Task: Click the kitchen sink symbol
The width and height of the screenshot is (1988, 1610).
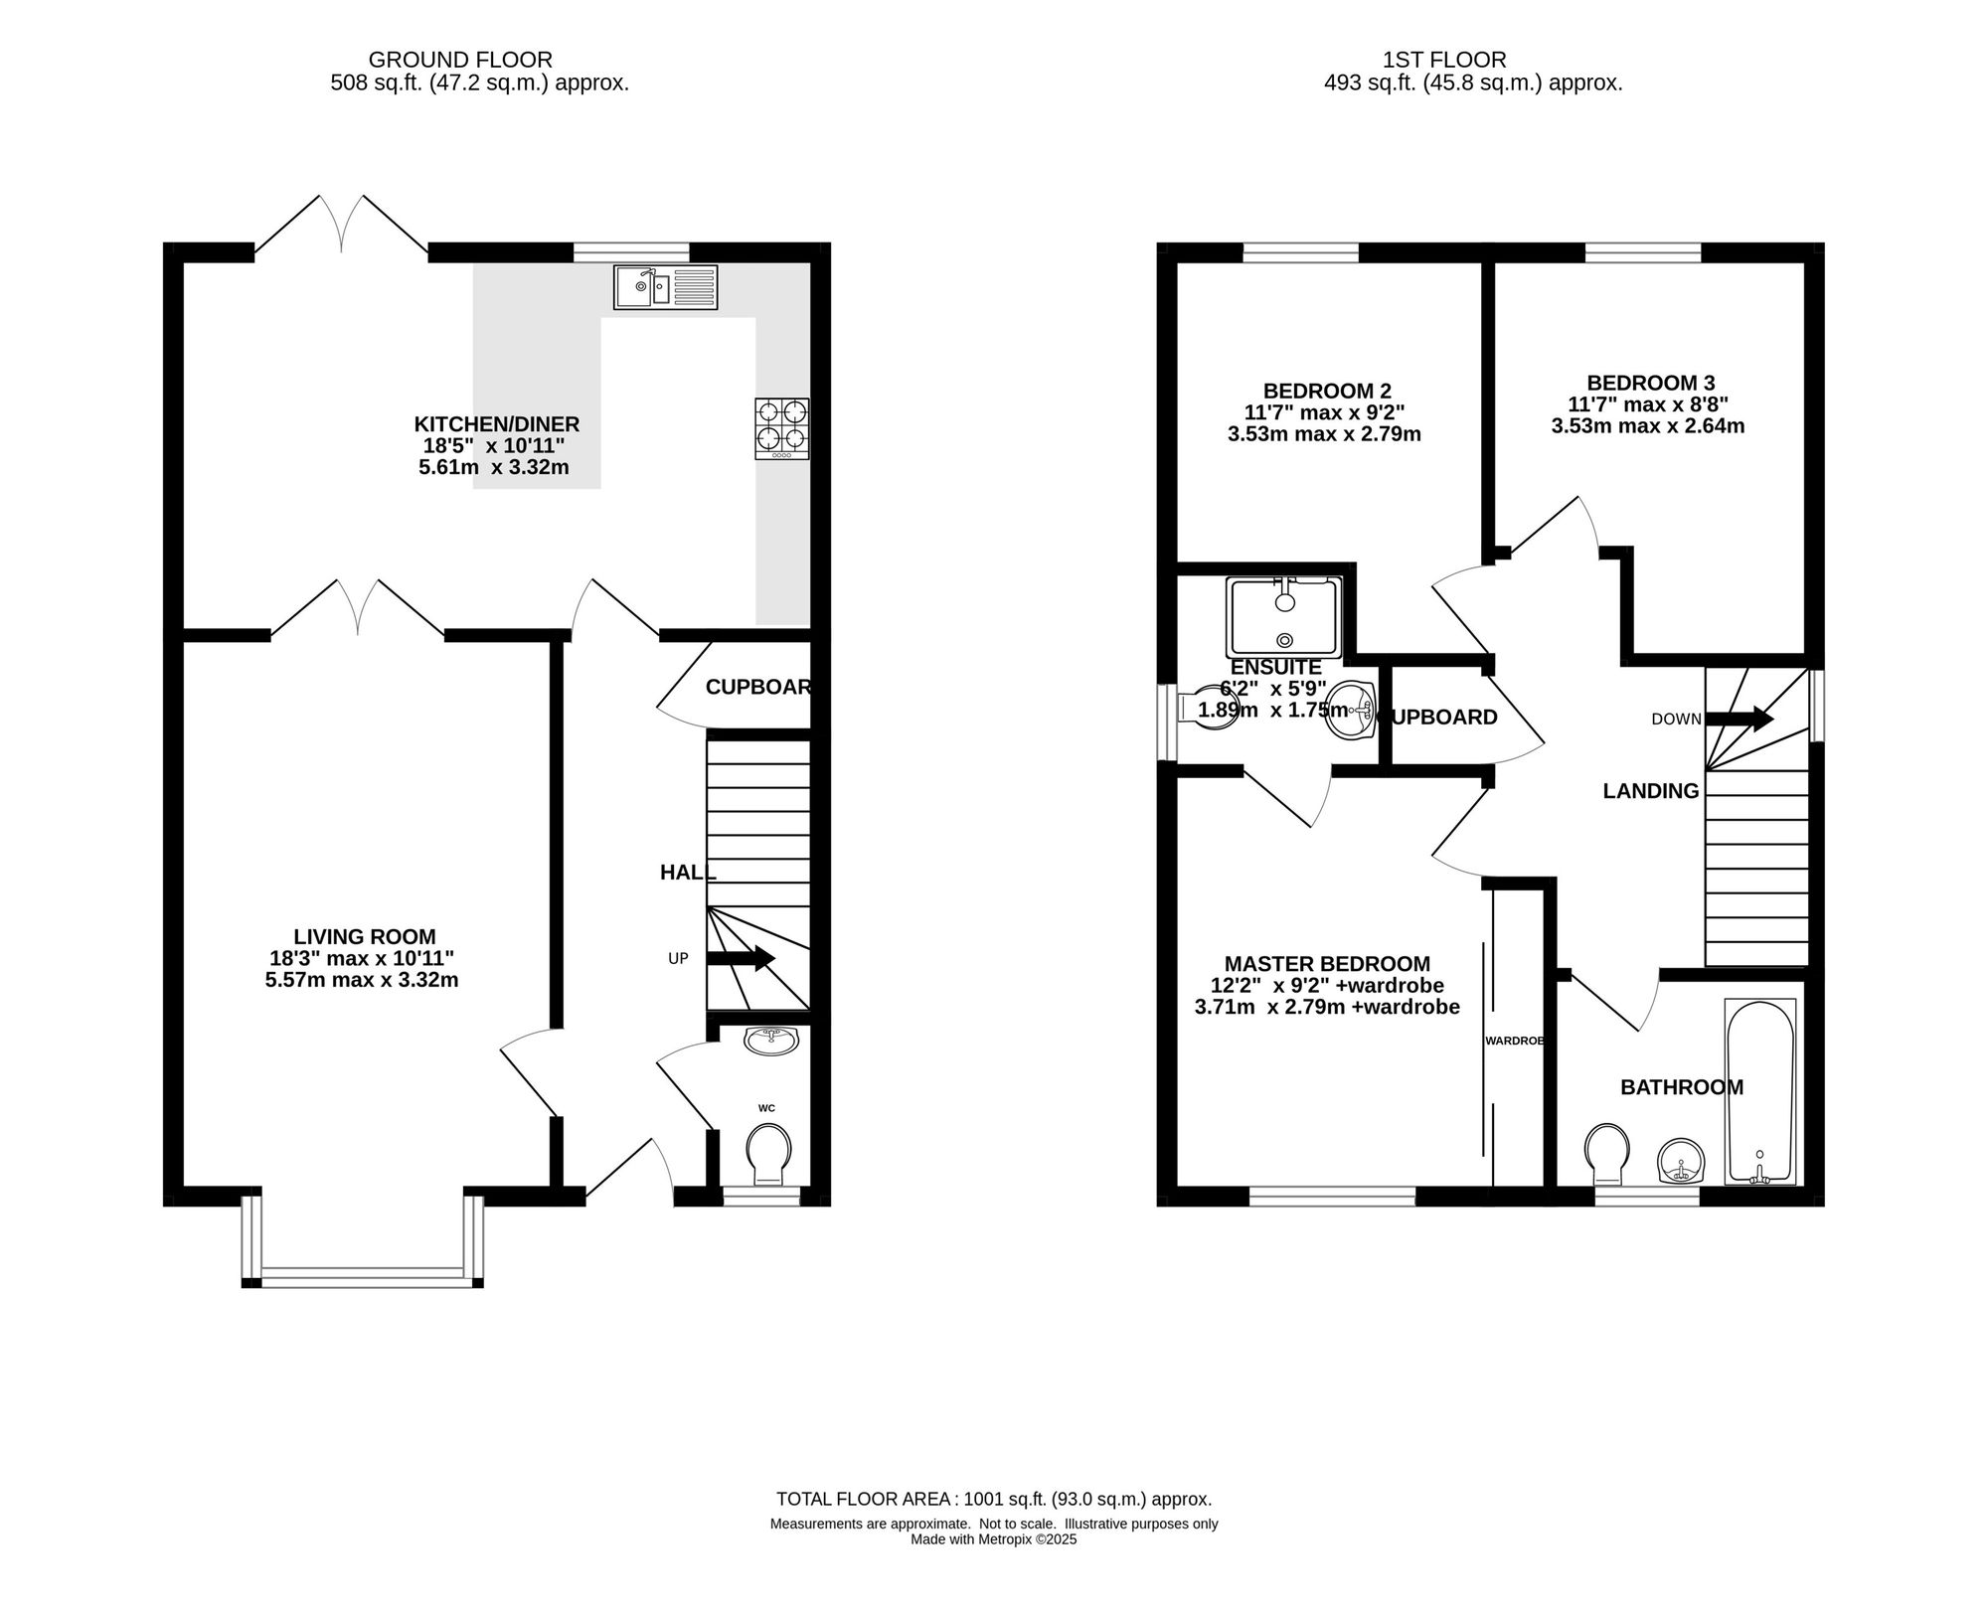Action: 665,287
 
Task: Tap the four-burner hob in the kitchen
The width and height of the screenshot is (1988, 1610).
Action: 781,428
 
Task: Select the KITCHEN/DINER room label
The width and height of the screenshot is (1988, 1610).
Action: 496,424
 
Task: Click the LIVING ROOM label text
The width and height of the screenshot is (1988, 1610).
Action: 365,936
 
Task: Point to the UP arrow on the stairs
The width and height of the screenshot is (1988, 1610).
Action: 741,958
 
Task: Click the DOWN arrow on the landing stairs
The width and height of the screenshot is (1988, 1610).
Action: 1739,719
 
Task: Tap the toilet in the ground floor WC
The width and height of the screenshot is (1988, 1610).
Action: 768,1154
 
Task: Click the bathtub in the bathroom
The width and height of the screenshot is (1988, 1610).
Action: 1760,1091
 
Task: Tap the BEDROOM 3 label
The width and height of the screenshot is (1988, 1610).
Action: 1651,383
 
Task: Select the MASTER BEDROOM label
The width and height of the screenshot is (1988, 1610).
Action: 1327,964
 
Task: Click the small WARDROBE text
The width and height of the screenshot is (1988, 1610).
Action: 1515,1041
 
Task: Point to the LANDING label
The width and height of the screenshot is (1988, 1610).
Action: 1651,791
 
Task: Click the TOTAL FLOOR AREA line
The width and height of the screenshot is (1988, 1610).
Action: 994,1499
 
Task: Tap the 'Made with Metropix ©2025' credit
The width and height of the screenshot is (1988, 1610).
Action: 994,1539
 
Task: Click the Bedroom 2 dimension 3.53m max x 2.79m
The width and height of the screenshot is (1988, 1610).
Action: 1324,434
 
